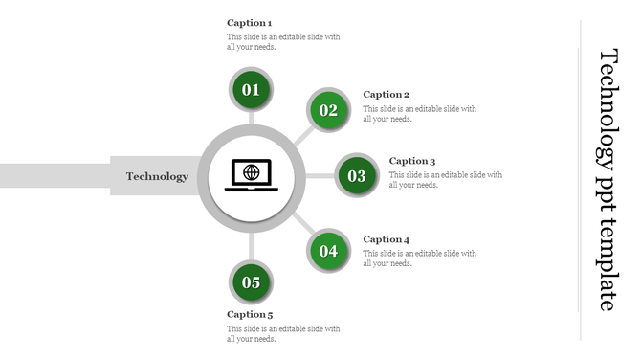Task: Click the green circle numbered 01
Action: [x=252, y=90]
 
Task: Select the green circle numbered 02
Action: [x=328, y=110]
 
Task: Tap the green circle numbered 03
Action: [x=357, y=176]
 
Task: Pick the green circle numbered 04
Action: [x=328, y=251]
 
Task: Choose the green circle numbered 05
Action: [x=252, y=282]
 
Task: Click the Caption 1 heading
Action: [x=250, y=22]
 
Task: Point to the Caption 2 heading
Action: [x=387, y=94]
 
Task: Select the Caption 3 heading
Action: [x=412, y=161]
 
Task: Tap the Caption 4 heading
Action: [x=387, y=239]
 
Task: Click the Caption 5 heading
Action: [x=250, y=314]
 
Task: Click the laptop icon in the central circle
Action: [x=251, y=175]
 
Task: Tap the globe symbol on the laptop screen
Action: [x=251, y=172]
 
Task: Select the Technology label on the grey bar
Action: [x=157, y=176]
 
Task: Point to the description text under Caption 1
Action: [x=283, y=42]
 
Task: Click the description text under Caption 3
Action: [x=445, y=180]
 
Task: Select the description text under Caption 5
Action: [x=283, y=333]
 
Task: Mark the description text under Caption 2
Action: [x=419, y=114]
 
